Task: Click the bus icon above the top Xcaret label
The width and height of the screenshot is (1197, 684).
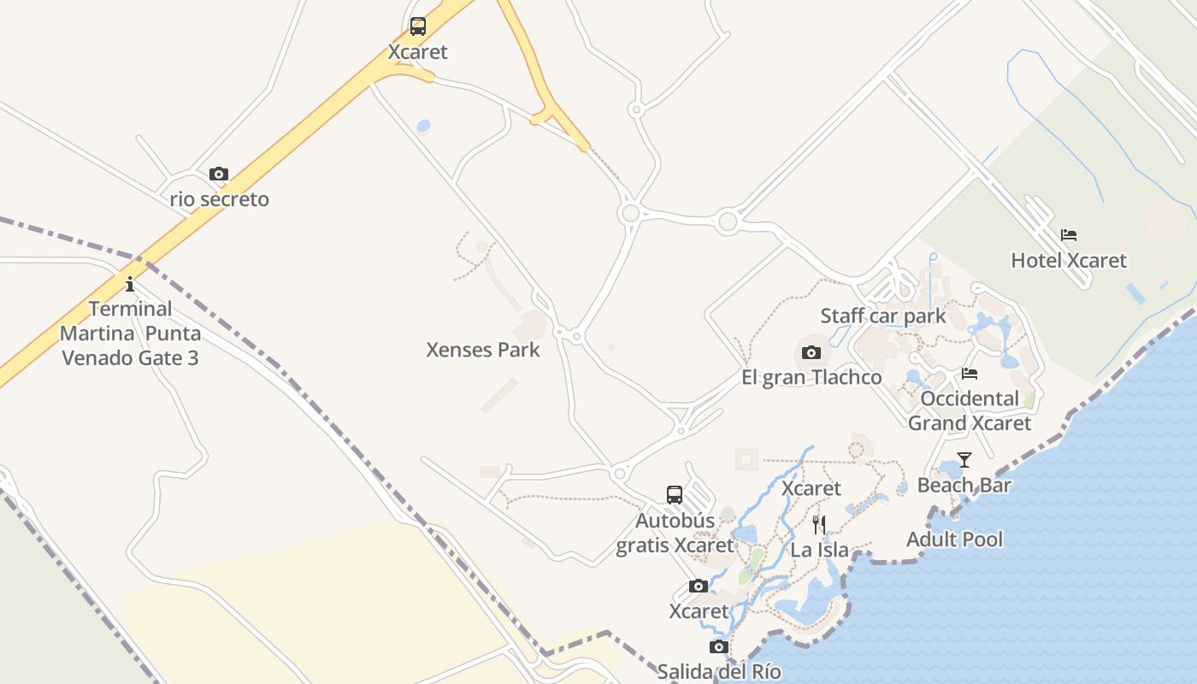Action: [417, 27]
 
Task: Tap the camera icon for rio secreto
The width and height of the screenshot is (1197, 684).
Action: [219, 174]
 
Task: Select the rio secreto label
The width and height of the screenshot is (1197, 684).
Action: [220, 199]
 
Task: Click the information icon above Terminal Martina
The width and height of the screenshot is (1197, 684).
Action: [130, 284]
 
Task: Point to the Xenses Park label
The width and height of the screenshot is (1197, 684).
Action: [483, 350]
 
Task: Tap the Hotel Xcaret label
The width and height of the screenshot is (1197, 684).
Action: [1069, 260]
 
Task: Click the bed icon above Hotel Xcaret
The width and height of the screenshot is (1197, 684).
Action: [1069, 235]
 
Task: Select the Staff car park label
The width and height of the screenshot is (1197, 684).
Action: [883, 315]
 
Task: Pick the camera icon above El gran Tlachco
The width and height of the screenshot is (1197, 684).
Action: [811, 352]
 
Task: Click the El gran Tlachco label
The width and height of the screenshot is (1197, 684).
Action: [811, 377]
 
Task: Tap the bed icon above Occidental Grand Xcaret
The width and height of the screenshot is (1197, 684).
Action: [970, 374]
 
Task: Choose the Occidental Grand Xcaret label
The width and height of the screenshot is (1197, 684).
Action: [970, 410]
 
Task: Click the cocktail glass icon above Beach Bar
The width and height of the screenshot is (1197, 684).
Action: [964, 460]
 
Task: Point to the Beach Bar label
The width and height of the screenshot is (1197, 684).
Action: [964, 485]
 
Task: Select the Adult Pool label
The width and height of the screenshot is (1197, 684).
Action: [954, 540]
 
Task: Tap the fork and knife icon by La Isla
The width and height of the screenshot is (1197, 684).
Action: [819, 524]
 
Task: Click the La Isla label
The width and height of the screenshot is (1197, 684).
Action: [819, 550]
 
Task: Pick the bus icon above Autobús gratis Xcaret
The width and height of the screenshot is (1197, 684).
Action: [675, 495]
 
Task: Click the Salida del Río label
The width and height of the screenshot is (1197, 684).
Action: [719, 671]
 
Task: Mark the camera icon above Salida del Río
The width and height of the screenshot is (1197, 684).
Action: [719, 646]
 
